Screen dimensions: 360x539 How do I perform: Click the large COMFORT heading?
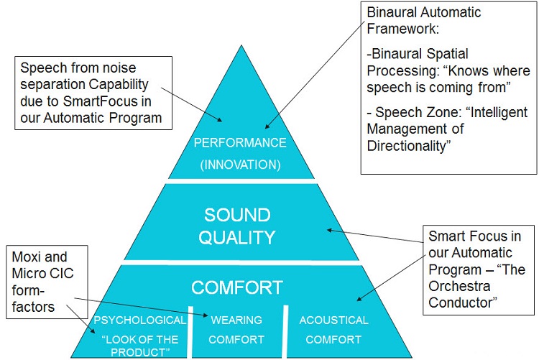pyautogui.click(x=237, y=288)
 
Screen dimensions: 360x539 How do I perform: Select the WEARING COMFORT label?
pyautogui.click(x=236, y=330)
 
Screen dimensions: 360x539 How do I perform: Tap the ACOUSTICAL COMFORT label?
pyautogui.click(x=333, y=330)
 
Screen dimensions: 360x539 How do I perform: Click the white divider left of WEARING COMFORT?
pyautogui.click(x=191, y=331)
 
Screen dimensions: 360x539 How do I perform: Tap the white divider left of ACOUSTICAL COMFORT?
pyautogui.click(x=284, y=331)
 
